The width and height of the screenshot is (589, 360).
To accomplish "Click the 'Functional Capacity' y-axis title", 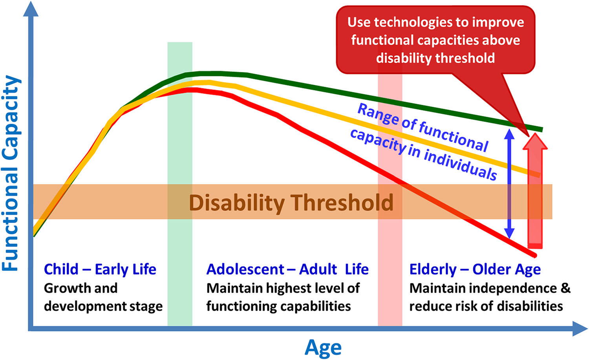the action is [x=11, y=173].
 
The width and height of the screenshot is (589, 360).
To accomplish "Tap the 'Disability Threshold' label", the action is [x=291, y=203].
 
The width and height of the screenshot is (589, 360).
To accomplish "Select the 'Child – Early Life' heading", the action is [x=100, y=270].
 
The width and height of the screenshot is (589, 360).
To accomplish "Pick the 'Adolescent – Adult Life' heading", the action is [x=287, y=269].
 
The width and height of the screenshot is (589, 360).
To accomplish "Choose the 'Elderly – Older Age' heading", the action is [x=475, y=270].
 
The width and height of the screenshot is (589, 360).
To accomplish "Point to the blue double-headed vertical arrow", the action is [x=509, y=184].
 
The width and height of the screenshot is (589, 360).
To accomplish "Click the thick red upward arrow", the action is [x=535, y=191].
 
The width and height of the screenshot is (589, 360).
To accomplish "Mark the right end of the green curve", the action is [x=541, y=130].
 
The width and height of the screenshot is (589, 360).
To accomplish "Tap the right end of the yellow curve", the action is [x=539, y=175].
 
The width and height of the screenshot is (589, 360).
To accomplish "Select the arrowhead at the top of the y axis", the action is [x=31, y=8].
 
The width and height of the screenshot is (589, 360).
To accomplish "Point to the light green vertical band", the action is [x=180, y=184].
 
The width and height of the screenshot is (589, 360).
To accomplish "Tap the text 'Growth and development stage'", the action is [x=103, y=298].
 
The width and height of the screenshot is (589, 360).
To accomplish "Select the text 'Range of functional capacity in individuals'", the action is [x=423, y=142].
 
